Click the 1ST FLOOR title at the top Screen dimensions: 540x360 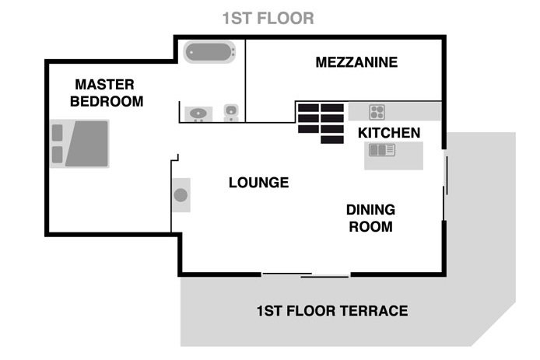(x=268, y=18)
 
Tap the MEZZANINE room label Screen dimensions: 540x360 (x=356, y=62)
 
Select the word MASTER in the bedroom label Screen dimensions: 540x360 (x=105, y=85)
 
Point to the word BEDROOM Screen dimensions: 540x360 (x=107, y=102)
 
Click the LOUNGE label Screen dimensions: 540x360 (x=258, y=183)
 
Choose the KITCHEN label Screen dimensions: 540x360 (x=389, y=133)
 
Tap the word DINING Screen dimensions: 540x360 (x=370, y=210)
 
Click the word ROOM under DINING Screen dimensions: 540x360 (x=370, y=226)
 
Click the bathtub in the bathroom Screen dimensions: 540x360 (x=209, y=52)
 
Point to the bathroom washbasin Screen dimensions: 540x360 (x=198, y=114)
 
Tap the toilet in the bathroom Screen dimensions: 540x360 (x=231, y=113)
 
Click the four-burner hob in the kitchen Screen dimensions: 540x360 (x=377, y=112)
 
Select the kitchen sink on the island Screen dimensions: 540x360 (x=382, y=150)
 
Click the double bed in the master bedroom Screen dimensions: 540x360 (x=79, y=144)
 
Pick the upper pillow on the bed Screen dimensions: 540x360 (x=57, y=133)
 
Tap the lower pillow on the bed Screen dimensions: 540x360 (x=57, y=155)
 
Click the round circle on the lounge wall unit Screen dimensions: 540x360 (x=181, y=195)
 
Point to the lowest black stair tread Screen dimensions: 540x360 (x=332, y=139)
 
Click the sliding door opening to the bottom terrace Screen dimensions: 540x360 (x=306, y=275)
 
